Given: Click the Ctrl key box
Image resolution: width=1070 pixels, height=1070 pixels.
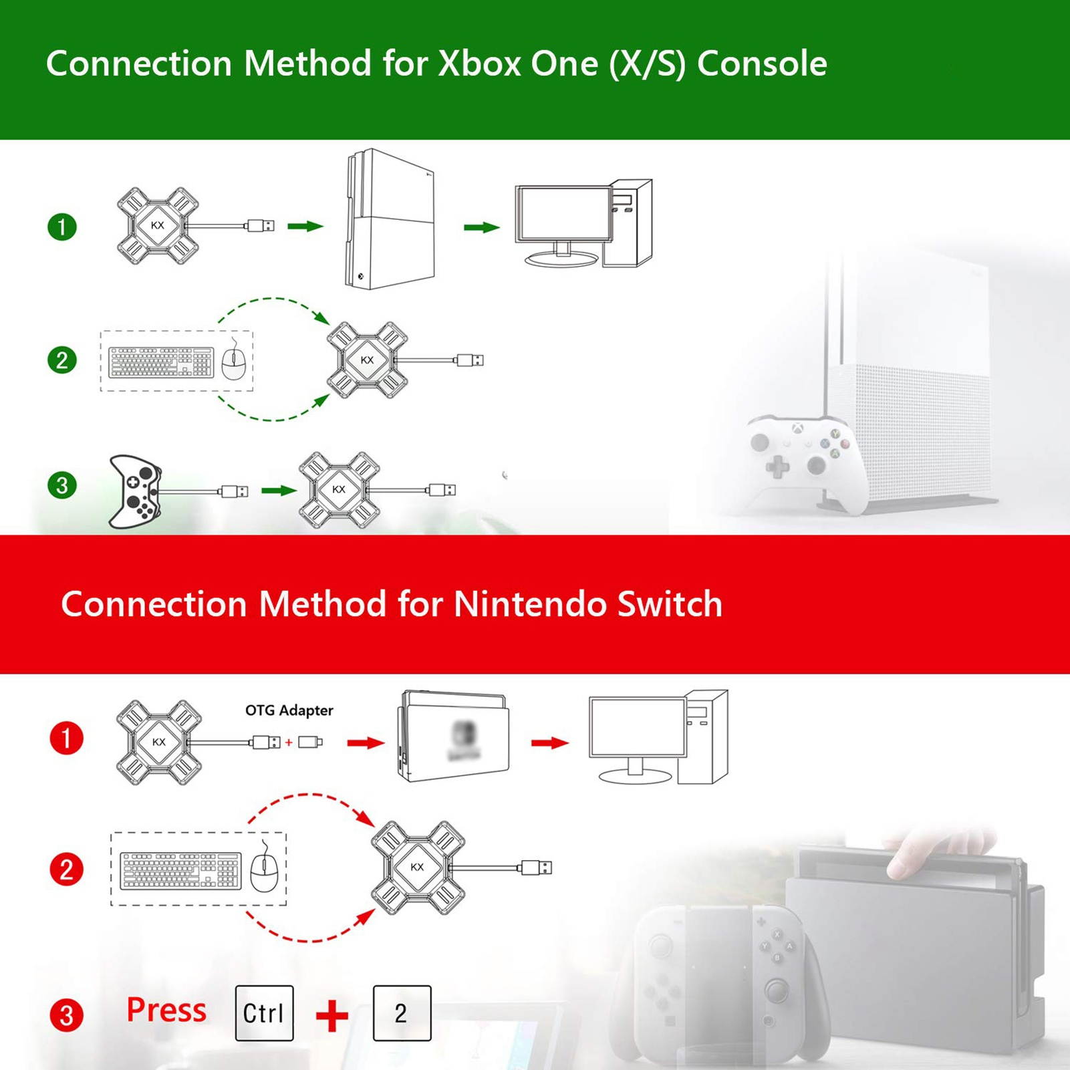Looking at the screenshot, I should [x=264, y=1013].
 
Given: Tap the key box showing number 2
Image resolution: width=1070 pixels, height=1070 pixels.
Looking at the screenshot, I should [x=402, y=1013].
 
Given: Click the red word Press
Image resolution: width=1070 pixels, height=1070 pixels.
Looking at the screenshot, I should [x=166, y=1010].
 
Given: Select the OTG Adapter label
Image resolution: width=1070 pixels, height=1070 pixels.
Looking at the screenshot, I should [x=289, y=710].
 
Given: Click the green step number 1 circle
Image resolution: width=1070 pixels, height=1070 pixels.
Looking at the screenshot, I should [x=62, y=227].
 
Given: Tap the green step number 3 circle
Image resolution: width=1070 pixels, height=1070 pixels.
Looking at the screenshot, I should [x=62, y=485].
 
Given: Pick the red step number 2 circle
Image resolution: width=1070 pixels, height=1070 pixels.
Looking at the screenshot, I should [x=66, y=870].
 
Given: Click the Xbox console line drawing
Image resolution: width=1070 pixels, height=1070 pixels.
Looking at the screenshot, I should [x=390, y=219].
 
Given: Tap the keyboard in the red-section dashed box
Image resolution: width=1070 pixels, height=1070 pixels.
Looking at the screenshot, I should [x=180, y=871].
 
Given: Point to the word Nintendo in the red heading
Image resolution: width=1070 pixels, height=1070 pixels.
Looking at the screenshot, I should [x=530, y=604].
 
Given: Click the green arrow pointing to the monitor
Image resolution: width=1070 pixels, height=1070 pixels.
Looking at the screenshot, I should [x=481, y=227].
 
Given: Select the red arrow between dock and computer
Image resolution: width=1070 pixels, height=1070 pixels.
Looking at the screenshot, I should [x=549, y=743].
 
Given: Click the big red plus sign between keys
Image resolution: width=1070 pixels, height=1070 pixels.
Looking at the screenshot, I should [x=332, y=1015].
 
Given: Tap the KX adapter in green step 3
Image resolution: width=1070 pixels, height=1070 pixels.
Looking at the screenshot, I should [x=339, y=490].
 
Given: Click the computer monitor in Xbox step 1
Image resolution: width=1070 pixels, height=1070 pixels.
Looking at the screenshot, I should [x=563, y=221].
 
